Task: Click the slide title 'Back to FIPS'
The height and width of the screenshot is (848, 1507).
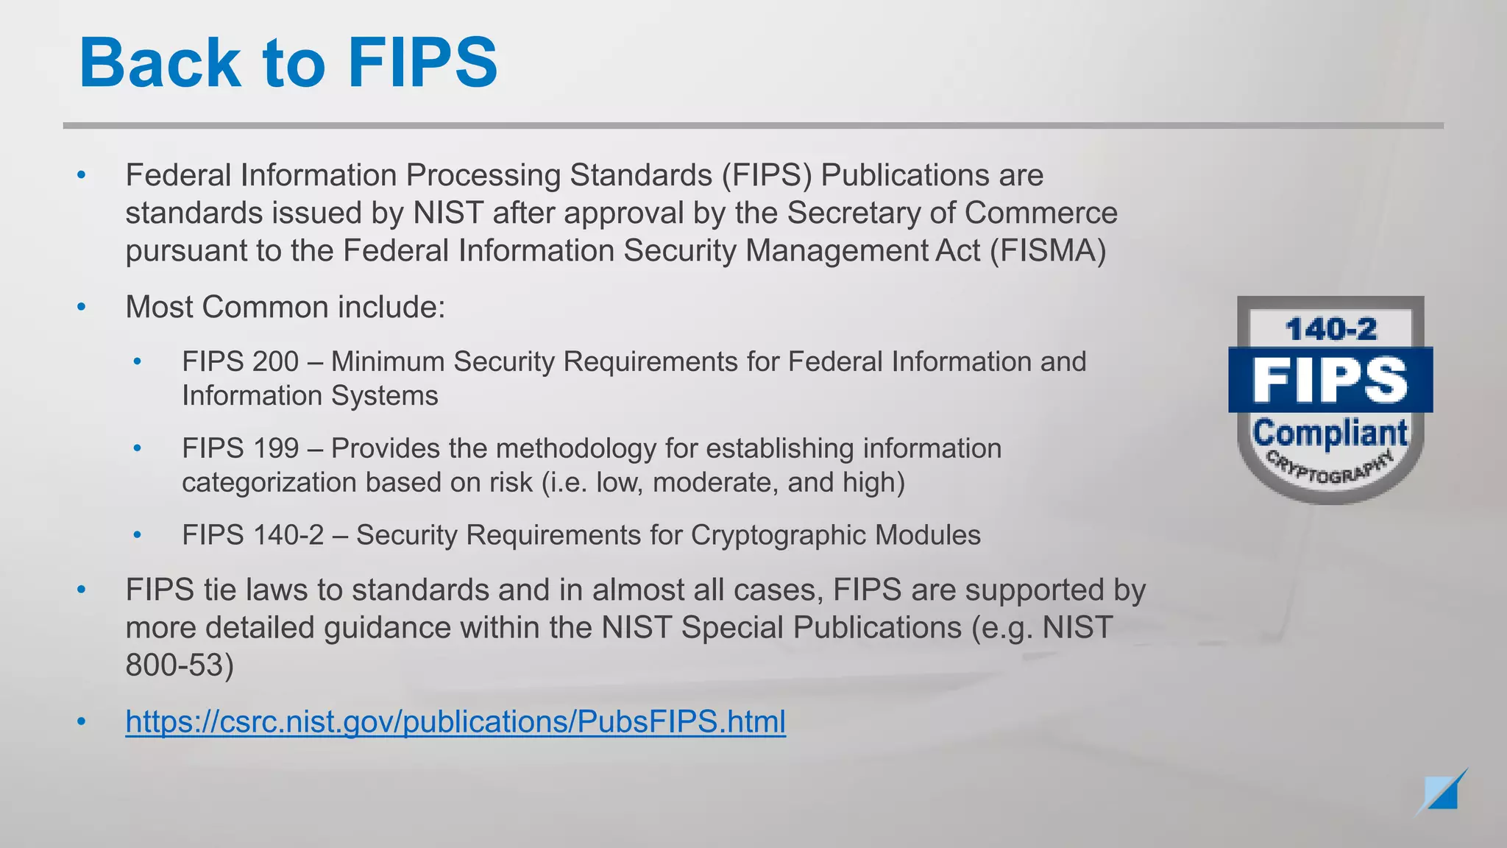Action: coord(288,63)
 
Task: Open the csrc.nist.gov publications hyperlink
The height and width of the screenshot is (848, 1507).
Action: coord(455,721)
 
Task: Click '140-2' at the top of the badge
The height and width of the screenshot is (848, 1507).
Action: coord(1330,329)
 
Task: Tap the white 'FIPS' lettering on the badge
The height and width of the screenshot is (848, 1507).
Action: coord(1330,379)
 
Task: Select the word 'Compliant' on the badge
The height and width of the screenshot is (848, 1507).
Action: coord(1330,433)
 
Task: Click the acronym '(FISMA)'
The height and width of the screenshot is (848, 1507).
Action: coord(1048,250)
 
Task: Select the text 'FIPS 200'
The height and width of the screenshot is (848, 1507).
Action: coord(241,361)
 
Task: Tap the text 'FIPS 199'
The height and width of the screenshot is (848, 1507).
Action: coord(241,448)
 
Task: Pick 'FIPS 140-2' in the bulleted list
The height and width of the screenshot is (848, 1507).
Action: coord(253,535)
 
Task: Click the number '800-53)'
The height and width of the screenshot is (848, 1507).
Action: coord(180,665)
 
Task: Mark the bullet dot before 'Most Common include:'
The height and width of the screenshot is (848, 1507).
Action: coord(82,307)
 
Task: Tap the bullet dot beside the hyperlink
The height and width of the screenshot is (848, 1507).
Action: coord(82,721)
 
